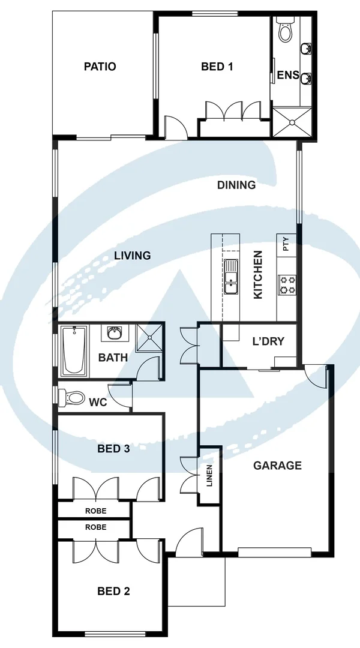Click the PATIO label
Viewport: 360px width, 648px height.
coord(100,67)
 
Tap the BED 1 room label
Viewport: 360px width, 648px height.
coord(217,67)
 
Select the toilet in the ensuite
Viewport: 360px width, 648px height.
coord(285,30)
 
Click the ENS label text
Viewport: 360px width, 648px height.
coord(287,76)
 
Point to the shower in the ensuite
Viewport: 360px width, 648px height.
coord(292,122)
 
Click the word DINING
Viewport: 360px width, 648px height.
coord(236,185)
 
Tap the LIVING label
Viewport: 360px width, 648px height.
coord(133,256)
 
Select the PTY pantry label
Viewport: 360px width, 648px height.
coord(286,244)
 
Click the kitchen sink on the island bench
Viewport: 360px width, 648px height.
coord(231,277)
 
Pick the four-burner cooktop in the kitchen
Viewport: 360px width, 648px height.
coord(287,284)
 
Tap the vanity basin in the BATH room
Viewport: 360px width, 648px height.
coord(113,333)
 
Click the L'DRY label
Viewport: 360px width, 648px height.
coord(268,341)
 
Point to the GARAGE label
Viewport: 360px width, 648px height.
coord(277,465)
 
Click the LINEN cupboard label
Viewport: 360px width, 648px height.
coord(210,475)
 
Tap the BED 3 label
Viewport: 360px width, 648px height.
coord(113,448)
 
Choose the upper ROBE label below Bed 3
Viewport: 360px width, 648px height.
coord(95,511)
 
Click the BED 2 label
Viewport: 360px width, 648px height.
coord(113,591)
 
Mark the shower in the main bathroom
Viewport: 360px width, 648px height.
coord(149,338)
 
